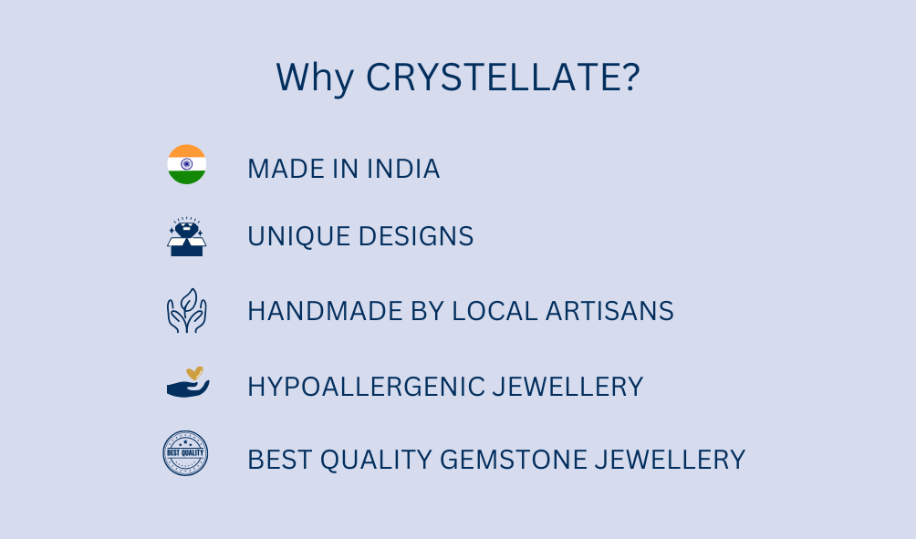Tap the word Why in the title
click(315, 78)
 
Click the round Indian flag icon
click(187, 164)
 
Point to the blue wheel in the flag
click(187, 164)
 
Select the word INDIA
click(403, 169)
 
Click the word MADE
click(286, 169)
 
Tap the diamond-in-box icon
click(187, 236)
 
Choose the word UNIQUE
click(298, 236)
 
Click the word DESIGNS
click(416, 236)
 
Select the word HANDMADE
click(325, 311)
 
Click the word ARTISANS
click(609, 311)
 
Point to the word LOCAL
click(494, 311)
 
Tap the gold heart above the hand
click(194, 373)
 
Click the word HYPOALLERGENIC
click(366, 387)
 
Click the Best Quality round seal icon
click(185, 453)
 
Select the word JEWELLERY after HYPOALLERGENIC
click(567, 387)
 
